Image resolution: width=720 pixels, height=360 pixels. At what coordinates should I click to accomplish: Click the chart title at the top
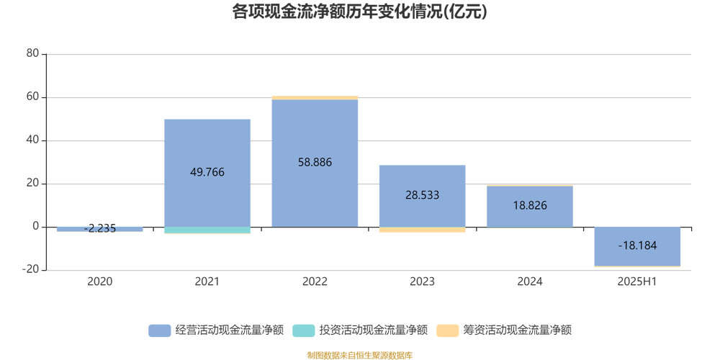click(x=359, y=12)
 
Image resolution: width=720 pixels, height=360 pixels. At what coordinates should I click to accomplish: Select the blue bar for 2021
click(x=207, y=144)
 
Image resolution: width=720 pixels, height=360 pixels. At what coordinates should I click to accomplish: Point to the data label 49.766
click(x=207, y=172)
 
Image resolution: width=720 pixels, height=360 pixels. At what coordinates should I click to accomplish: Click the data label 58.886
click(x=315, y=163)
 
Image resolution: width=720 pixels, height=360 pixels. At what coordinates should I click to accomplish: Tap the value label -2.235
click(x=99, y=229)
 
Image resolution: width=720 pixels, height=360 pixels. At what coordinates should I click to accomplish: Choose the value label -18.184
click(x=637, y=246)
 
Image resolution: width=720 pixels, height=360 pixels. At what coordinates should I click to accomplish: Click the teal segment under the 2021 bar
click(x=207, y=230)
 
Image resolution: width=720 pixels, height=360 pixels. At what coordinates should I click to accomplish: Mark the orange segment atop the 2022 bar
click(x=315, y=98)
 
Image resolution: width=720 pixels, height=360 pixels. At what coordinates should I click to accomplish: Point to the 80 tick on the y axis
click(x=32, y=54)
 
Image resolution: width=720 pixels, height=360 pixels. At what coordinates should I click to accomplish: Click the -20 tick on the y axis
click(x=31, y=270)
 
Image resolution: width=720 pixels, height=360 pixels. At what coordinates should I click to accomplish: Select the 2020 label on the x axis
click(x=99, y=282)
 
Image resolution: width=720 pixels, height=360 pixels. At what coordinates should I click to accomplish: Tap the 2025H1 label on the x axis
click(x=637, y=282)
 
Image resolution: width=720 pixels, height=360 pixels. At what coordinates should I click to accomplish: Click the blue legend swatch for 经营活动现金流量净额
click(x=159, y=330)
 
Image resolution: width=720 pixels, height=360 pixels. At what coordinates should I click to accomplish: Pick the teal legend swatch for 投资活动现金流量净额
click(x=303, y=330)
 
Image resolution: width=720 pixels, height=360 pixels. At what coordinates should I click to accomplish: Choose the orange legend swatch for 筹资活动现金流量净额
click(x=447, y=330)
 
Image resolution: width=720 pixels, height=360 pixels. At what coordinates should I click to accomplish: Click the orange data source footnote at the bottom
click(x=359, y=355)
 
